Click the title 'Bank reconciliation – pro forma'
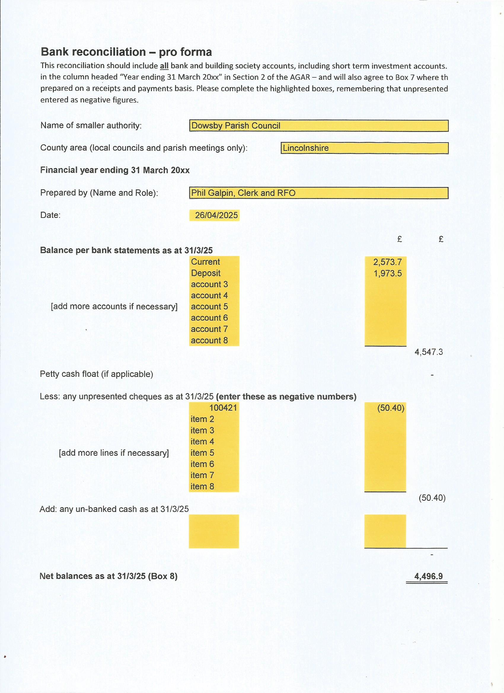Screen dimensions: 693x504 click(x=126, y=52)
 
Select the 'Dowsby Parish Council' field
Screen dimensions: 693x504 click(x=318, y=126)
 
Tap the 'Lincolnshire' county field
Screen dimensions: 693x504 click(x=364, y=148)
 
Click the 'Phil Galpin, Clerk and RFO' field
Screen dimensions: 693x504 click(x=318, y=193)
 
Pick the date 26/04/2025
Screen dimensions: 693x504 click(x=216, y=215)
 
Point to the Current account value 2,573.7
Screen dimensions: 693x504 click(x=387, y=262)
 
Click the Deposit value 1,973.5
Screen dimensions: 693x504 click(x=387, y=273)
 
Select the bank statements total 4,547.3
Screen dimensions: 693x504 click(x=428, y=352)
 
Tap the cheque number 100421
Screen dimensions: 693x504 click(x=223, y=408)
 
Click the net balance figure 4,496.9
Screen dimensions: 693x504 click(x=428, y=576)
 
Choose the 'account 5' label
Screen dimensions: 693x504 click(x=209, y=306)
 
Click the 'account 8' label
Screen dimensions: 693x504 click(x=209, y=340)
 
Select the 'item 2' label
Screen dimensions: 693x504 click(x=202, y=419)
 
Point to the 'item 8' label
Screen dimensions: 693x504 click(x=202, y=486)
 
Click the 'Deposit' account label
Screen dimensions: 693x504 click(x=206, y=273)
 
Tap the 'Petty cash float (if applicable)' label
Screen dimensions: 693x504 click(x=96, y=374)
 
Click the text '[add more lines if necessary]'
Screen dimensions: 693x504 click(x=114, y=453)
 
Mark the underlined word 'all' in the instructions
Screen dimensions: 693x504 click(x=164, y=66)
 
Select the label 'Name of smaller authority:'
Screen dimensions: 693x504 click(x=91, y=126)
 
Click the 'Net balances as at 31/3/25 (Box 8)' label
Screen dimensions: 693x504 click(x=108, y=576)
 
